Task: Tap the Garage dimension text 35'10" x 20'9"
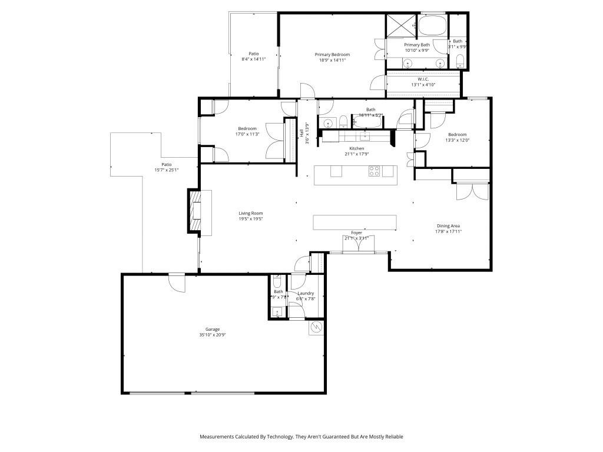point(213,335)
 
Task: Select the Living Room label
point(250,213)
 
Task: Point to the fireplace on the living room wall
point(195,211)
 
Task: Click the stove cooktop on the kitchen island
point(374,171)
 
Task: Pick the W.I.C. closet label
point(423,79)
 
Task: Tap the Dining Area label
point(448,225)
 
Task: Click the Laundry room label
point(306,293)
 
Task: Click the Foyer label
point(356,233)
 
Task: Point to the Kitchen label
point(357,148)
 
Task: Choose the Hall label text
point(301,133)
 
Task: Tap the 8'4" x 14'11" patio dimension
point(254,59)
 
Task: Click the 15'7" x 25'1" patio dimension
point(167,170)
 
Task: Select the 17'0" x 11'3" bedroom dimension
point(247,134)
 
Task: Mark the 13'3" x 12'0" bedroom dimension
point(457,140)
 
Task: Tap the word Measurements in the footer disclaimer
point(219,437)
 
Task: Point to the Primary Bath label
point(417,45)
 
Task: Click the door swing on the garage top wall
point(176,282)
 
